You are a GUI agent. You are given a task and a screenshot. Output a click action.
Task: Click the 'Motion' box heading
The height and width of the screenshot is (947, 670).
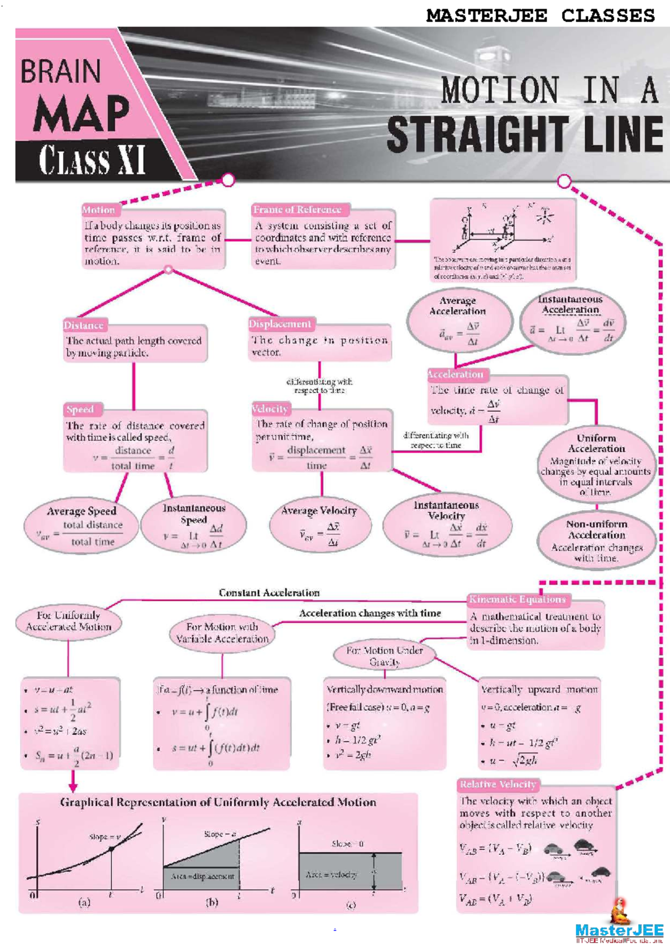point(98,210)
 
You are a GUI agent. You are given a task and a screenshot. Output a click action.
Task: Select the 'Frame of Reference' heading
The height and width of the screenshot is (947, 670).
point(297,209)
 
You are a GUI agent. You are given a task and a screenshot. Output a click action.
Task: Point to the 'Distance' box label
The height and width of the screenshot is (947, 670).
point(84,325)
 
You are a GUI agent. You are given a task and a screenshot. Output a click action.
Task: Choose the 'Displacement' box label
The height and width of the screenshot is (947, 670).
point(280,324)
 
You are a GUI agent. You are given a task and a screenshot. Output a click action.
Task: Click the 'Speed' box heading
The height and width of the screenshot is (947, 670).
point(80,409)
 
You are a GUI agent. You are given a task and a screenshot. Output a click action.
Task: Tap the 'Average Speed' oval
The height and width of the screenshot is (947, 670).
point(82,527)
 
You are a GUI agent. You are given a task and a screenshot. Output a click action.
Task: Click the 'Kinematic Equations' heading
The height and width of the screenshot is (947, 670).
point(518,599)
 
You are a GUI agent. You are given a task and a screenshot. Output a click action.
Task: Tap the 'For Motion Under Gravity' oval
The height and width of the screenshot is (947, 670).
point(384,656)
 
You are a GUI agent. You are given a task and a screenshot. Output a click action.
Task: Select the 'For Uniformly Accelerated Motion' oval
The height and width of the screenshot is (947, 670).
point(69,621)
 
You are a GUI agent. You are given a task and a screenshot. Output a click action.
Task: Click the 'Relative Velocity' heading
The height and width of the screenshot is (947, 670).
point(498,785)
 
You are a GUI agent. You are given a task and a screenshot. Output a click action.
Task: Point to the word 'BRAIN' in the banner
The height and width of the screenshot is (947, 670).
point(61,71)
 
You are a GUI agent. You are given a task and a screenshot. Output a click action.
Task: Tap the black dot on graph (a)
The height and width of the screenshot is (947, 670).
point(112,849)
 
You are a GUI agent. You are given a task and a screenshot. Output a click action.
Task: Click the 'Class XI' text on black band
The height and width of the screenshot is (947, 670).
point(92,160)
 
